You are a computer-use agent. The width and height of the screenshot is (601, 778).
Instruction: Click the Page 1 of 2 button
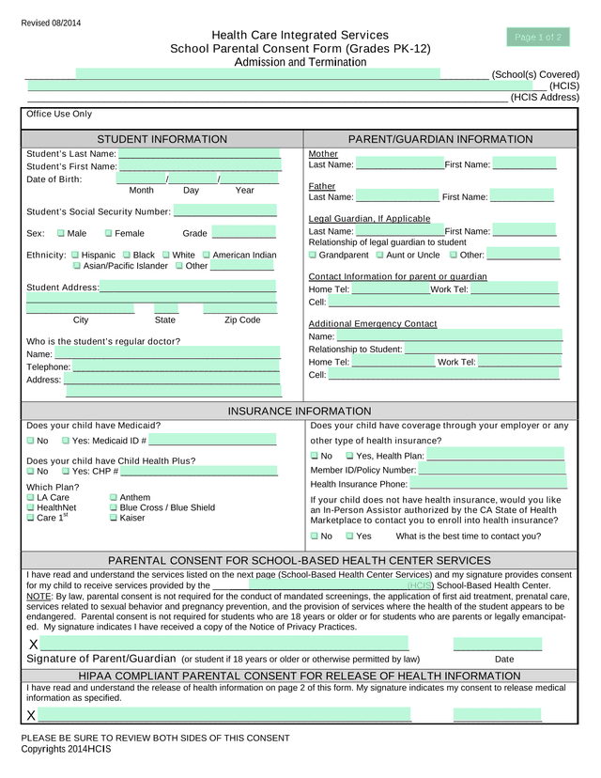[538, 38]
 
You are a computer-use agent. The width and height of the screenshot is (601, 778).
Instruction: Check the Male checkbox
[61, 233]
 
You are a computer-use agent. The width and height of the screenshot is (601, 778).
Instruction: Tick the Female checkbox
[108, 233]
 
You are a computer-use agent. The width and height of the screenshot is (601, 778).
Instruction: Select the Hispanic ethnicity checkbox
[75, 255]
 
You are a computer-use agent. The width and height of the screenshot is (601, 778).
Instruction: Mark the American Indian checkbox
[206, 255]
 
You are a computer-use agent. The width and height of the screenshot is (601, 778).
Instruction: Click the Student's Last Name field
[199, 153]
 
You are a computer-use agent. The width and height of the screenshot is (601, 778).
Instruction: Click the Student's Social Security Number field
[225, 210]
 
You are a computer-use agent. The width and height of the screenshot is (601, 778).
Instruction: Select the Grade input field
[244, 232]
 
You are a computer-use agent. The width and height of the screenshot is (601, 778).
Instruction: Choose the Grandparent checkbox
[313, 255]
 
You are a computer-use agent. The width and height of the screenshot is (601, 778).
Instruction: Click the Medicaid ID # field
[213, 440]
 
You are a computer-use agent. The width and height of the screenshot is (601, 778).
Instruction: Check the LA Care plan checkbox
[31, 497]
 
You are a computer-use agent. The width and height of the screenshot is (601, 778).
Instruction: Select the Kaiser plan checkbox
[114, 518]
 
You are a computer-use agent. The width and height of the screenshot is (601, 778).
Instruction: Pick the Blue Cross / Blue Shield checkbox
[114, 507]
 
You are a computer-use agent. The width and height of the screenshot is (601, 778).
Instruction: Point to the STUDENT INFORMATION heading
[162, 139]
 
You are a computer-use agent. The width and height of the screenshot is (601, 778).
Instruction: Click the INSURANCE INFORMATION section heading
[300, 411]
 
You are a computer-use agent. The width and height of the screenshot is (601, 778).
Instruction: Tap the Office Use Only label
[59, 114]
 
